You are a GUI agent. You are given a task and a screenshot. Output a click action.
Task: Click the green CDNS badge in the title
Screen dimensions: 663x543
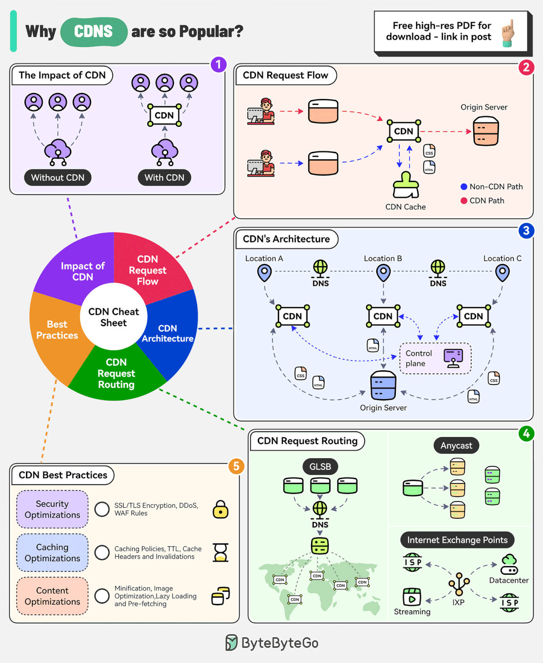tap(94, 32)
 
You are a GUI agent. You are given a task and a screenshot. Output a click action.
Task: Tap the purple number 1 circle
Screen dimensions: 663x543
tap(218, 64)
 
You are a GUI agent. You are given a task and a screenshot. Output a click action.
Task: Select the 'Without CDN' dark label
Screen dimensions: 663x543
tap(58, 177)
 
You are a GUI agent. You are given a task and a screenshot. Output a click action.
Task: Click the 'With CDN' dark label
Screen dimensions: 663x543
tap(165, 177)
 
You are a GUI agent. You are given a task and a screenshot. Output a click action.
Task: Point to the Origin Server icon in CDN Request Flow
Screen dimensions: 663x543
tap(486, 131)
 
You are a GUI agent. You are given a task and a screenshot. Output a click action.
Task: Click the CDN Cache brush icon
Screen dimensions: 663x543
tap(406, 185)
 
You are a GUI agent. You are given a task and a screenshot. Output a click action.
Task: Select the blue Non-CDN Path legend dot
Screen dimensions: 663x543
tap(464, 187)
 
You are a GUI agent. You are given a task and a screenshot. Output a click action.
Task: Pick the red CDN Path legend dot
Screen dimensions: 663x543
tap(464, 201)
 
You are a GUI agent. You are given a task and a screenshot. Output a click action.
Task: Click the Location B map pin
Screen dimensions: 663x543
tap(383, 273)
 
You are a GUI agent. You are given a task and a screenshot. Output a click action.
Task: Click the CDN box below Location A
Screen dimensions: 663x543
tap(293, 316)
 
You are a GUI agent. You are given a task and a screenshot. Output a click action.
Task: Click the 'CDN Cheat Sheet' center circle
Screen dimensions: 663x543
tap(114, 317)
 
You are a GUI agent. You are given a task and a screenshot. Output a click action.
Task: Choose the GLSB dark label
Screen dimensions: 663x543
tap(320, 467)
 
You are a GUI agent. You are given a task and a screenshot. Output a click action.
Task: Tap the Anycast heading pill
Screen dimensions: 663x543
tap(456, 445)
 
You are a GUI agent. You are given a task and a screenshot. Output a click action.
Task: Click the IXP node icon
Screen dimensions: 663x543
tap(459, 584)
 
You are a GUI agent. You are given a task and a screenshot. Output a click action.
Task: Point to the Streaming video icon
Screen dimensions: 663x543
tap(411, 596)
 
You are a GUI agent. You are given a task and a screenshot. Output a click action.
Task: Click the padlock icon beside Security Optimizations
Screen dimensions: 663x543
tap(221, 509)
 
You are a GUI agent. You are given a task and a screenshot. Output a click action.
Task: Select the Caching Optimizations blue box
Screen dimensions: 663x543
tap(52, 553)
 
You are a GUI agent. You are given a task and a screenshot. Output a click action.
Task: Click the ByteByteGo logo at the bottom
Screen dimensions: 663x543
tap(272, 643)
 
